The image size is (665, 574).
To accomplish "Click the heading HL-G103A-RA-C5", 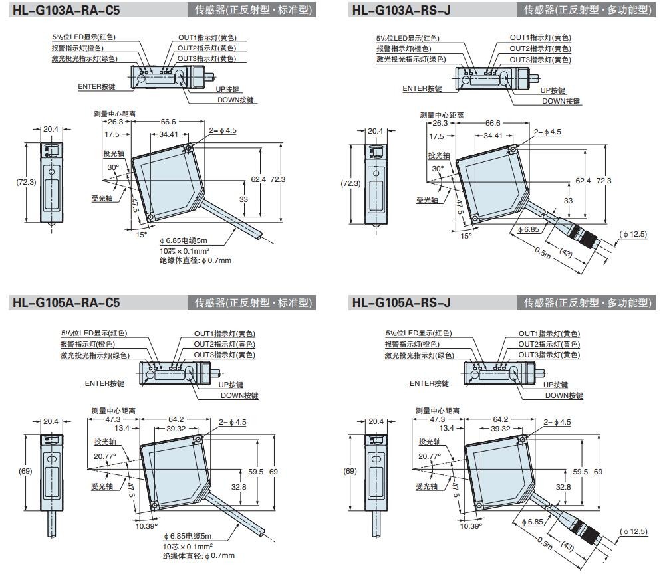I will tap(66, 10).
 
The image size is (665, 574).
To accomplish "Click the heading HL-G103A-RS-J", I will tap(401, 10).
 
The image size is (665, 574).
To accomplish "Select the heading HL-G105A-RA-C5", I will tap(66, 303).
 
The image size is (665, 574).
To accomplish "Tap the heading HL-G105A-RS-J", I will tap(401, 303).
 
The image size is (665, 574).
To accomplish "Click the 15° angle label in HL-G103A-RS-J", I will tap(465, 235).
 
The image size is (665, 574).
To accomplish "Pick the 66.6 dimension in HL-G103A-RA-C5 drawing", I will tap(168, 122).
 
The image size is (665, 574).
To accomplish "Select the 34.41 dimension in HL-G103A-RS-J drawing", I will tap(493, 136).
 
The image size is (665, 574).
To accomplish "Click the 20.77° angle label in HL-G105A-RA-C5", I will tap(105, 456).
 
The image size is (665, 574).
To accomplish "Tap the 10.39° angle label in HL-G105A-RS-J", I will tap(471, 526).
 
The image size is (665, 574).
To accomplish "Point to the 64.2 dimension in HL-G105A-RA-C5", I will tap(176, 419).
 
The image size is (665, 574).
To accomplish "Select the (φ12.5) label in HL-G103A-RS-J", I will tap(633, 234).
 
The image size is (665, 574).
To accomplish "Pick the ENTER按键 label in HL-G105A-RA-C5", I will tap(104, 383).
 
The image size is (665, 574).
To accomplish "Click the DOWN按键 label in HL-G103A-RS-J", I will tap(561, 101).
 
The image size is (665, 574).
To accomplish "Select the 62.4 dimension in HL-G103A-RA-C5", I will tap(258, 179).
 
